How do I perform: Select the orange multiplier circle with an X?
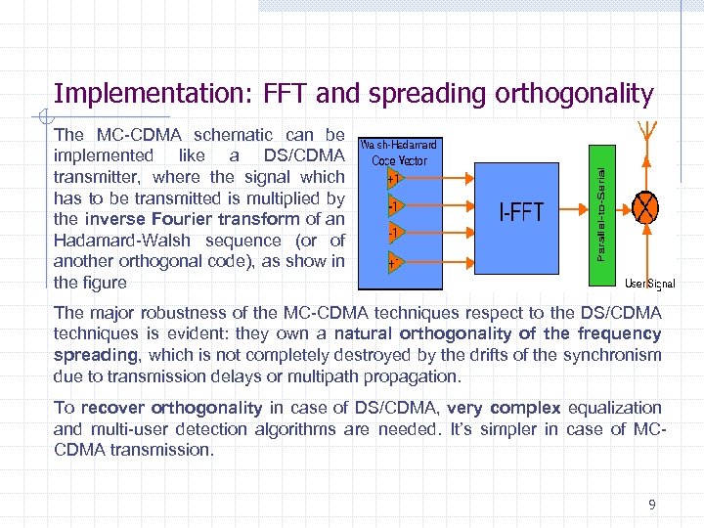coord(645,206)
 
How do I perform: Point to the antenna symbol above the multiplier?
coord(645,135)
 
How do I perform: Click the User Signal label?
coord(648,284)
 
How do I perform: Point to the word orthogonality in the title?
coord(574,94)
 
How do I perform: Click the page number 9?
coord(652,505)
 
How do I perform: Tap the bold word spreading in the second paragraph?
coord(96,355)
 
